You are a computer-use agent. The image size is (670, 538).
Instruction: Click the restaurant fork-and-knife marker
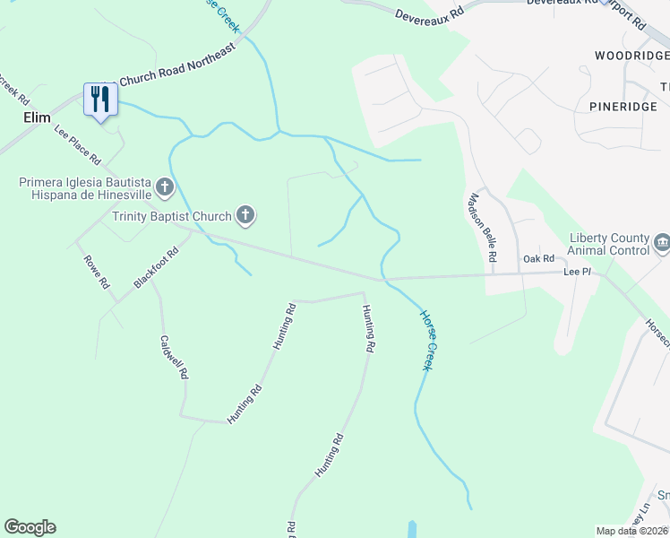pyautogui.click(x=99, y=99)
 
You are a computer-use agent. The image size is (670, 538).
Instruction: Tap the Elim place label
pyautogui.click(x=35, y=117)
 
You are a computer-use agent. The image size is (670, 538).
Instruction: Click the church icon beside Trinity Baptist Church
pyautogui.click(x=245, y=215)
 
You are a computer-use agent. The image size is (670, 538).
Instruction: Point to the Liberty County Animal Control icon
pyautogui.click(x=662, y=241)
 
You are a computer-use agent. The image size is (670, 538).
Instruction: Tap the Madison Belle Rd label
pyautogui.click(x=480, y=227)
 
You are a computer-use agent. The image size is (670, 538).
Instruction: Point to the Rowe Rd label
pyautogui.click(x=96, y=272)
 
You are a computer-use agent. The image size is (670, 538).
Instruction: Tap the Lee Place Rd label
pyautogui.click(x=77, y=144)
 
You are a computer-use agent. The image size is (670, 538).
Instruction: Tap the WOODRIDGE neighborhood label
pyautogui.click(x=631, y=56)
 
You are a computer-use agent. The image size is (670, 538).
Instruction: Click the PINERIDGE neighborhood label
pyautogui.click(x=623, y=106)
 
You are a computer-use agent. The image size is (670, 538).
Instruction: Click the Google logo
pyautogui.click(x=30, y=527)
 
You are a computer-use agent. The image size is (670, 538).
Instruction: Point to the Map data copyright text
pyautogui.click(x=631, y=531)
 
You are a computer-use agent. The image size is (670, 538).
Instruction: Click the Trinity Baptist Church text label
pyautogui.click(x=172, y=215)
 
